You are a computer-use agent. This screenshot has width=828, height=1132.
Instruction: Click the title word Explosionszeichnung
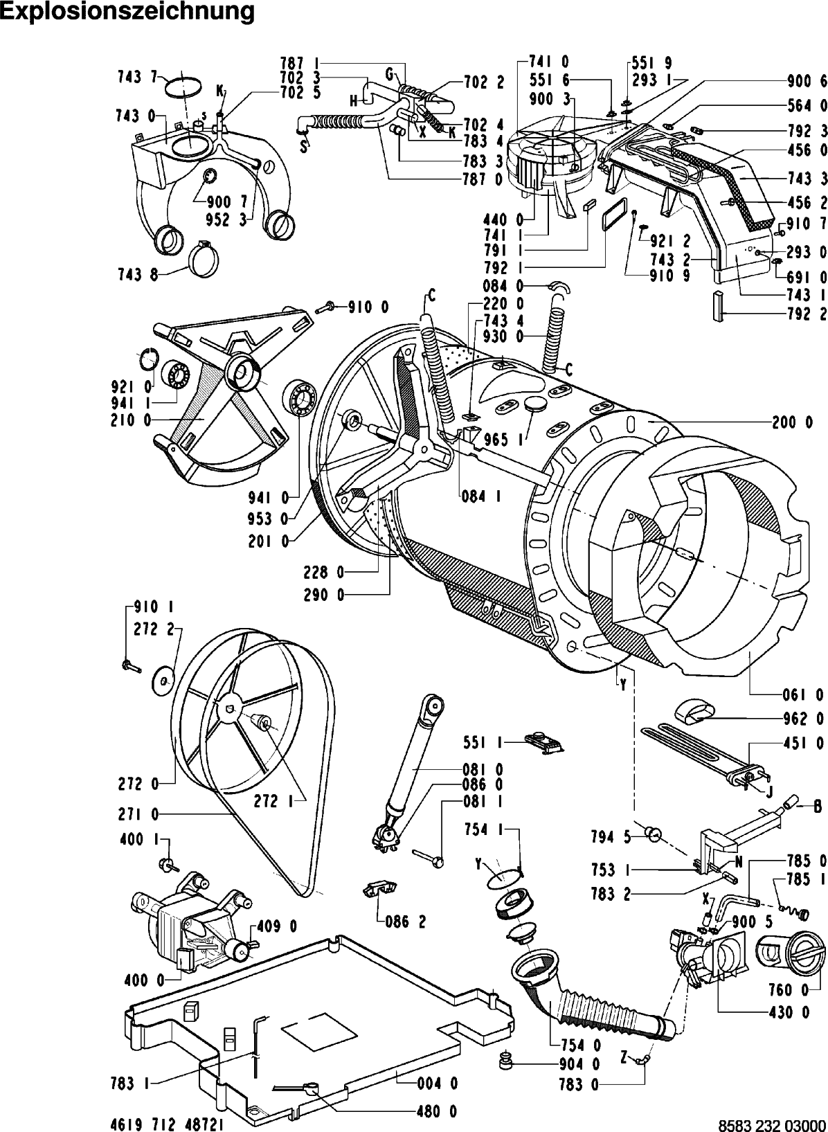pos(127,12)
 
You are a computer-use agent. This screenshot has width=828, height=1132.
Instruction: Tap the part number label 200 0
pos(792,422)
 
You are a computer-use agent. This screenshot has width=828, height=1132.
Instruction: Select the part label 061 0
pos(792,694)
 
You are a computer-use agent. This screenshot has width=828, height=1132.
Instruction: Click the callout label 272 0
pos(136,784)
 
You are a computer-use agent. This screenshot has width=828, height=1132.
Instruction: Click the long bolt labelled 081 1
pos(429,857)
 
